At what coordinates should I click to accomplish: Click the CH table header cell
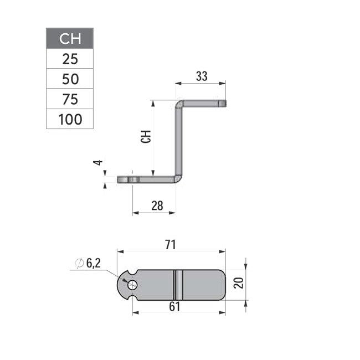70,39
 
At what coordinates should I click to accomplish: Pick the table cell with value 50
70,79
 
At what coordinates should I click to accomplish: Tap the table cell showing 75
70,99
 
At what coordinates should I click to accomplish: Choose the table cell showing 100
70,119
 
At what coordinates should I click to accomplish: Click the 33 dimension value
201,77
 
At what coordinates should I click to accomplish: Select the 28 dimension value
157,205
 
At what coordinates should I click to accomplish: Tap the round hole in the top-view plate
133,285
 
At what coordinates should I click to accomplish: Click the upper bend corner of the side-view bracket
179,104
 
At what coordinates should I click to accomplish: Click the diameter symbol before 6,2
80,265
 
